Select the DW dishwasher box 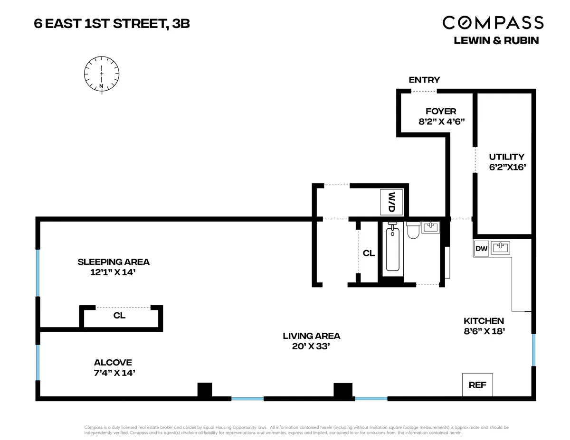pyautogui.click(x=481, y=248)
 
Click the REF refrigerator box pyautogui.click(x=477, y=384)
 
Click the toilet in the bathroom pyautogui.click(x=413, y=230)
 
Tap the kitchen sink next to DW pyautogui.click(x=500, y=247)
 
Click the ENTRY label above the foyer pyautogui.click(x=424, y=80)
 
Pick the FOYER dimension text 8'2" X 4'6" pyautogui.click(x=441, y=121)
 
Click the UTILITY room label pyautogui.click(x=507, y=157)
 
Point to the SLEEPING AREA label pyautogui.click(x=114, y=262)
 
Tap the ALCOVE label pyautogui.click(x=113, y=362)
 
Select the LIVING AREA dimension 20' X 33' pyautogui.click(x=311, y=346)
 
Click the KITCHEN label pyautogui.click(x=484, y=321)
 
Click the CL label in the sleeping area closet pyautogui.click(x=120, y=316)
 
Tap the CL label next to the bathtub pyautogui.click(x=369, y=253)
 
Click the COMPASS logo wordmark pyautogui.click(x=493, y=22)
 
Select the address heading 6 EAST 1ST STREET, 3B pyautogui.click(x=112, y=23)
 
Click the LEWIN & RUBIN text pyautogui.click(x=496, y=40)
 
